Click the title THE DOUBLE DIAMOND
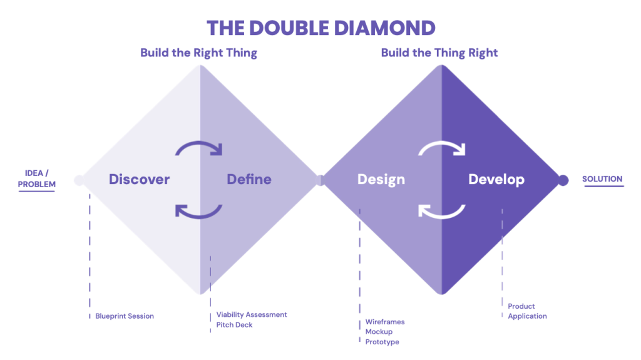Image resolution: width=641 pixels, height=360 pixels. pos(320,28)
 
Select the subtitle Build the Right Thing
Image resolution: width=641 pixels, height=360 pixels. pos(198,53)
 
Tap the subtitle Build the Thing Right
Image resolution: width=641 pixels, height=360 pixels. pos(439,53)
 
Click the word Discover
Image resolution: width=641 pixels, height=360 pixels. pos(139,180)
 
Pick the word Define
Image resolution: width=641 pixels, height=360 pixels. pos(249,180)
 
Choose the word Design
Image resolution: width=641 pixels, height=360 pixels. pos(381,180)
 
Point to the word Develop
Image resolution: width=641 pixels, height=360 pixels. pos(496,180)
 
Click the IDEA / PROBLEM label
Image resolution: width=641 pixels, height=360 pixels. pos(37,178)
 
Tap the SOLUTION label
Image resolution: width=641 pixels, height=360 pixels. pos(602,179)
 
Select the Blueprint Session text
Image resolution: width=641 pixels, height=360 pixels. pos(125,316)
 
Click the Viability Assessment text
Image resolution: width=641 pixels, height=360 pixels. pos(252,315)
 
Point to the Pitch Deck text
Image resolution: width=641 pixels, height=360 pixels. pos(235,326)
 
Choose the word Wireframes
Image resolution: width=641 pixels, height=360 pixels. pos(385,322)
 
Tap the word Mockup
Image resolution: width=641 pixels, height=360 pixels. pos(379,332)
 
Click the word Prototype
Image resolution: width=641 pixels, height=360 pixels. pos(382,342)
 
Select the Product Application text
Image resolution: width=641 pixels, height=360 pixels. pos(527,311)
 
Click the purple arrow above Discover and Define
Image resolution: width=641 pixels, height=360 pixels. pos(198,148)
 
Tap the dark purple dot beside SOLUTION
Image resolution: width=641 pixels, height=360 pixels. pos(563,180)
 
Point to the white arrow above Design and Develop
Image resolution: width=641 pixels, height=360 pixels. pos(441,148)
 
